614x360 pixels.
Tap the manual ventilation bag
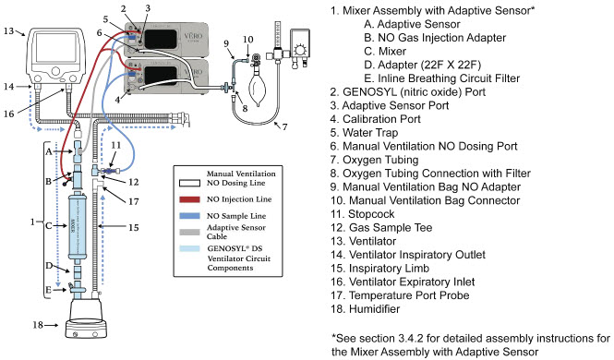258,87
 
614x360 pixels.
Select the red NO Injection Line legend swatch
189,199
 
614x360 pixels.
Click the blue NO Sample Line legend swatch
189,216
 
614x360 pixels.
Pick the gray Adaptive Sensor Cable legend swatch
189,232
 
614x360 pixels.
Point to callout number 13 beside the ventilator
9,30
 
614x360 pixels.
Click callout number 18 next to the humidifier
38,325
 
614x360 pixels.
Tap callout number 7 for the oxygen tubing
284,127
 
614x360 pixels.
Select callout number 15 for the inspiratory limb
134,227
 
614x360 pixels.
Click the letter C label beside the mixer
49,226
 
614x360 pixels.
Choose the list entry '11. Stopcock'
362,214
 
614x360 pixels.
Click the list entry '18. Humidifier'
365,308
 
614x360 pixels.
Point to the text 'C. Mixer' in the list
385,52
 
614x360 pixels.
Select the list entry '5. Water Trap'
364,133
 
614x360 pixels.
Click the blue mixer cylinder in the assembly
75,226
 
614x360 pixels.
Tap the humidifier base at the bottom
86,329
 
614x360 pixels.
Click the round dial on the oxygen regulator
300,50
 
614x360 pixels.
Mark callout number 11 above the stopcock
115,146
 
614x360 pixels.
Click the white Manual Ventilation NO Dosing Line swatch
189,183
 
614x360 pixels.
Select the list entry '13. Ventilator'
363,241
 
